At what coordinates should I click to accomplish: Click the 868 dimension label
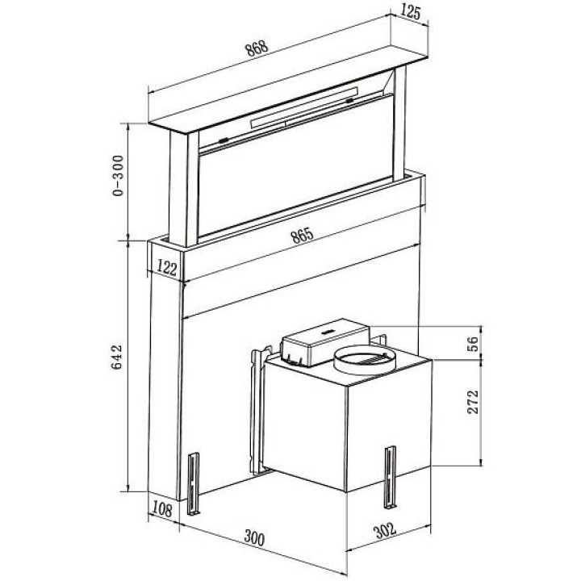click(257, 48)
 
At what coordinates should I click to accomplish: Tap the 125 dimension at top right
click(411, 12)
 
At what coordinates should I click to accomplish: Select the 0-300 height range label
click(118, 176)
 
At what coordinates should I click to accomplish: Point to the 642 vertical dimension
click(117, 357)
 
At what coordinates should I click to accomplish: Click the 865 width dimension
click(302, 236)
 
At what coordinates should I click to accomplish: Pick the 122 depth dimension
click(167, 268)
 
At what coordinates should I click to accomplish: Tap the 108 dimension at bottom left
click(162, 509)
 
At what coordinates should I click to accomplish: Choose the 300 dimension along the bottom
click(254, 538)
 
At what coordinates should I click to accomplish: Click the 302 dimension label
click(386, 530)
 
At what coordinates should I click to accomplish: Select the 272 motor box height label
click(473, 402)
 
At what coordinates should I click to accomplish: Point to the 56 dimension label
click(473, 345)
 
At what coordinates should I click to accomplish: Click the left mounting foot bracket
click(194, 483)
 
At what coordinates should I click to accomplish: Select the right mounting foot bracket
click(391, 477)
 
